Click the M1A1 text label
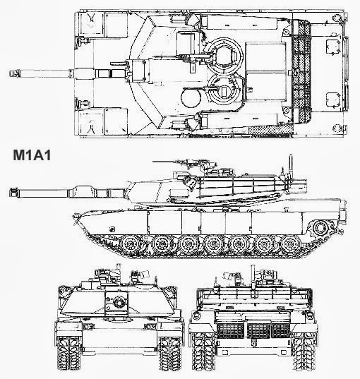click(32, 155)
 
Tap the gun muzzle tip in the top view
click(10, 73)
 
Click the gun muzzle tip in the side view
click(10, 193)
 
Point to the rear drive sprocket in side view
click(320, 227)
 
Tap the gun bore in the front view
click(119, 302)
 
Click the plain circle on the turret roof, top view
click(191, 97)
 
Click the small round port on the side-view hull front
click(112, 229)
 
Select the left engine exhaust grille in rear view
click(230, 330)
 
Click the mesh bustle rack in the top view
click(301, 71)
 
